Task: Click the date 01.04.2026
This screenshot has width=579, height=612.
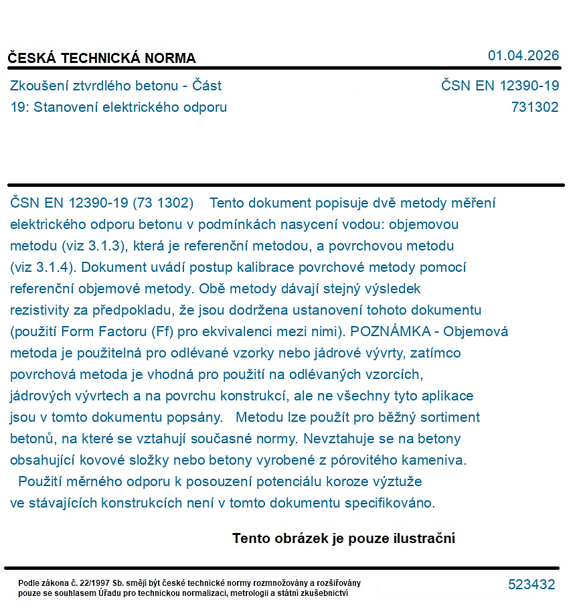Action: pyautogui.click(x=523, y=56)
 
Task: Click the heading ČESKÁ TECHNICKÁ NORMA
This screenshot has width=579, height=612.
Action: pyautogui.click(x=102, y=58)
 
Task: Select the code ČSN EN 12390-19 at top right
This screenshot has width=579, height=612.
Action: pyautogui.click(x=500, y=86)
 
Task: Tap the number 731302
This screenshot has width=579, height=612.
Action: pyautogui.click(x=535, y=107)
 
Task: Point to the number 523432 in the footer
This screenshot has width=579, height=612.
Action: pyautogui.click(x=531, y=585)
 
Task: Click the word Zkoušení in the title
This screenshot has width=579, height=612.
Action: pyautogui.click(x=37, y=86)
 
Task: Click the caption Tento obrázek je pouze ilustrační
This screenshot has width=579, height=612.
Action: pyautogui.click(x=343, y=538)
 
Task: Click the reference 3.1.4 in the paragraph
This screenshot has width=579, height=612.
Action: pyautogui.click(x=45, y=267)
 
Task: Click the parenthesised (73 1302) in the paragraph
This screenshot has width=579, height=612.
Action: pyautogui.click(x=163, y=203)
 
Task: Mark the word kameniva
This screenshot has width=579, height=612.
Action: pyautogui.click(x=437, y=460)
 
